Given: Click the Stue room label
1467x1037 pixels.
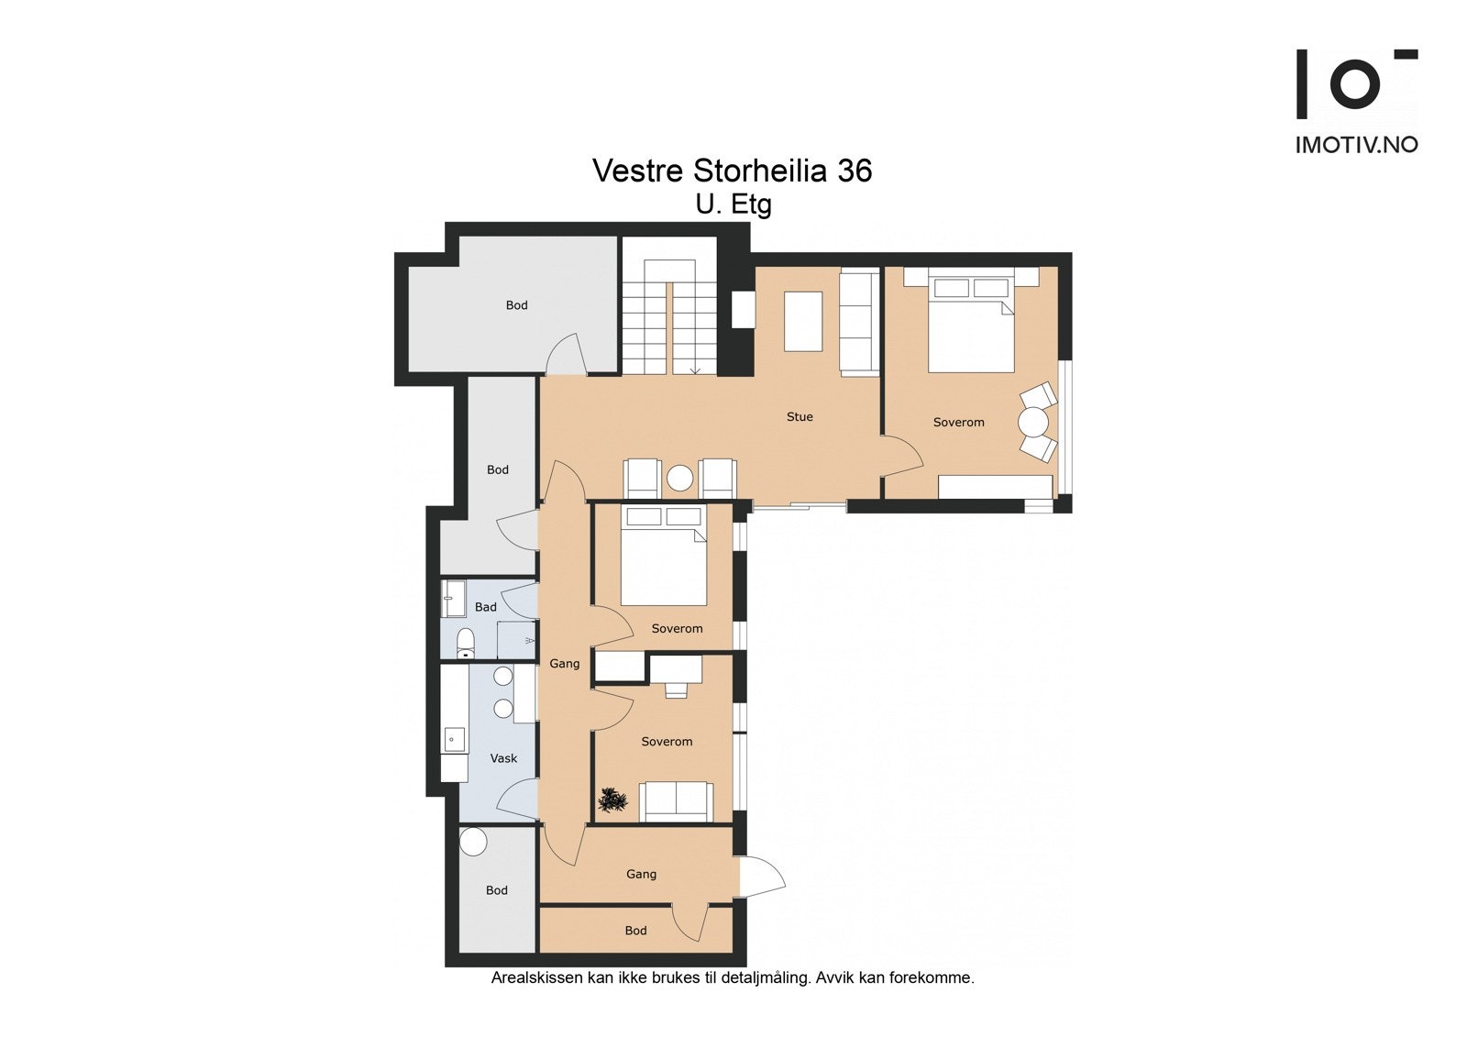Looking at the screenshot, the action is pos(799,416).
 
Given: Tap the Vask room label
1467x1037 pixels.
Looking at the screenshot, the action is pos(503,758).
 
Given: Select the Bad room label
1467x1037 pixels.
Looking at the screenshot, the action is pos(485,607).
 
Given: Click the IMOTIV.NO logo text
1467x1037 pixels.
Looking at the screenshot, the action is pos(1356,145).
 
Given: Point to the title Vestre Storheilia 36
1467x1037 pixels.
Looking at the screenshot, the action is pos(733,171).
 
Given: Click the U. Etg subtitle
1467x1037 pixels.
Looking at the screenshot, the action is pos(733,204).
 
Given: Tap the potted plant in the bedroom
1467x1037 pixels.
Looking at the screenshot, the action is pos(612,800).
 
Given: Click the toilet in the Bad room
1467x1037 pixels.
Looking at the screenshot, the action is pos(465,643).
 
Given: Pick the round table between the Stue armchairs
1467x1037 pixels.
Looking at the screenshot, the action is pos(679,478).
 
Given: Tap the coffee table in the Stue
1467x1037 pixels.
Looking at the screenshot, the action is pos(803,322).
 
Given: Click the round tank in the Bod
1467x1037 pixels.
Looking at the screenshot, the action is pos(473,842).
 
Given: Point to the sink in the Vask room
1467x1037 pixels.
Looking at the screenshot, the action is pos(454,740).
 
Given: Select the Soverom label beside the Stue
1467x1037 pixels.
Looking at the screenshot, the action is pos(958,423).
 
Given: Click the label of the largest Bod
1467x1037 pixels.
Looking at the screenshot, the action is pos(516,305).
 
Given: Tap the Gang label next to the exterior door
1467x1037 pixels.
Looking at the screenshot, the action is pos(641,875).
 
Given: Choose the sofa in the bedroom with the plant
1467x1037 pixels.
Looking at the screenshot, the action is pos(676,801).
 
